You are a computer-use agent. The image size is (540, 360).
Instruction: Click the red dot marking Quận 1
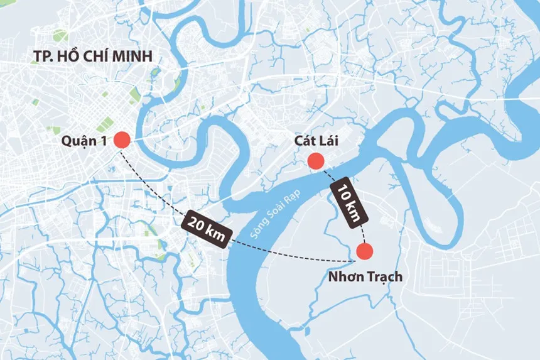[x=122, y=141]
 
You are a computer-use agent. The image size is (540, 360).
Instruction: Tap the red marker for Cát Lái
[x=316, y=161]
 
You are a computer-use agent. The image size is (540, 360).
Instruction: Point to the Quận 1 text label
[x=84, y=141]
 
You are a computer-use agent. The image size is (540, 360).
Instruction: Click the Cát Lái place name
[x=316, y=141]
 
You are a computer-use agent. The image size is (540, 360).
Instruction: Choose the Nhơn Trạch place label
[x=365, y=276]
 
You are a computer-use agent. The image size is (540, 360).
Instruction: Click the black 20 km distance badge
[x=206, y=229]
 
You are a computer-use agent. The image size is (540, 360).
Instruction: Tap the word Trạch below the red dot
[x=382, y=276]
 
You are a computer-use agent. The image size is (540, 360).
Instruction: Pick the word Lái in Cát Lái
[x=328, y=141]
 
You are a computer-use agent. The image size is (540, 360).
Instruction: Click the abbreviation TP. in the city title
[x=43, y=57]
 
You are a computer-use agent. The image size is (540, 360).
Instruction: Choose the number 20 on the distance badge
[x=196, y=224]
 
